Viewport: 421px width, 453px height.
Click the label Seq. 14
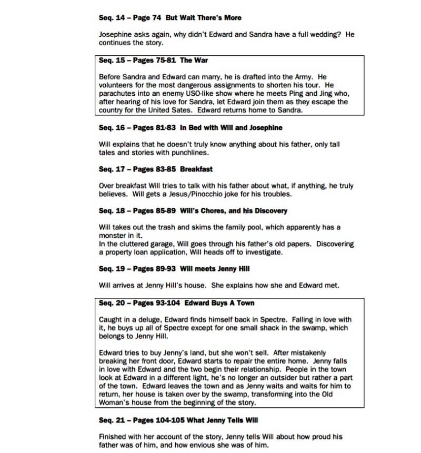click(x=111, y=17)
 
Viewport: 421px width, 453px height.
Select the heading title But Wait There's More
click(x=204, y=17)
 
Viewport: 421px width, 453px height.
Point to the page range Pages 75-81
click(x=153, y=61)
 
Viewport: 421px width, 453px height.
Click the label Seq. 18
click(x=111, y=211)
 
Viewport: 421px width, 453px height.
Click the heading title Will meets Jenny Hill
click(x=214, y=269)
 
